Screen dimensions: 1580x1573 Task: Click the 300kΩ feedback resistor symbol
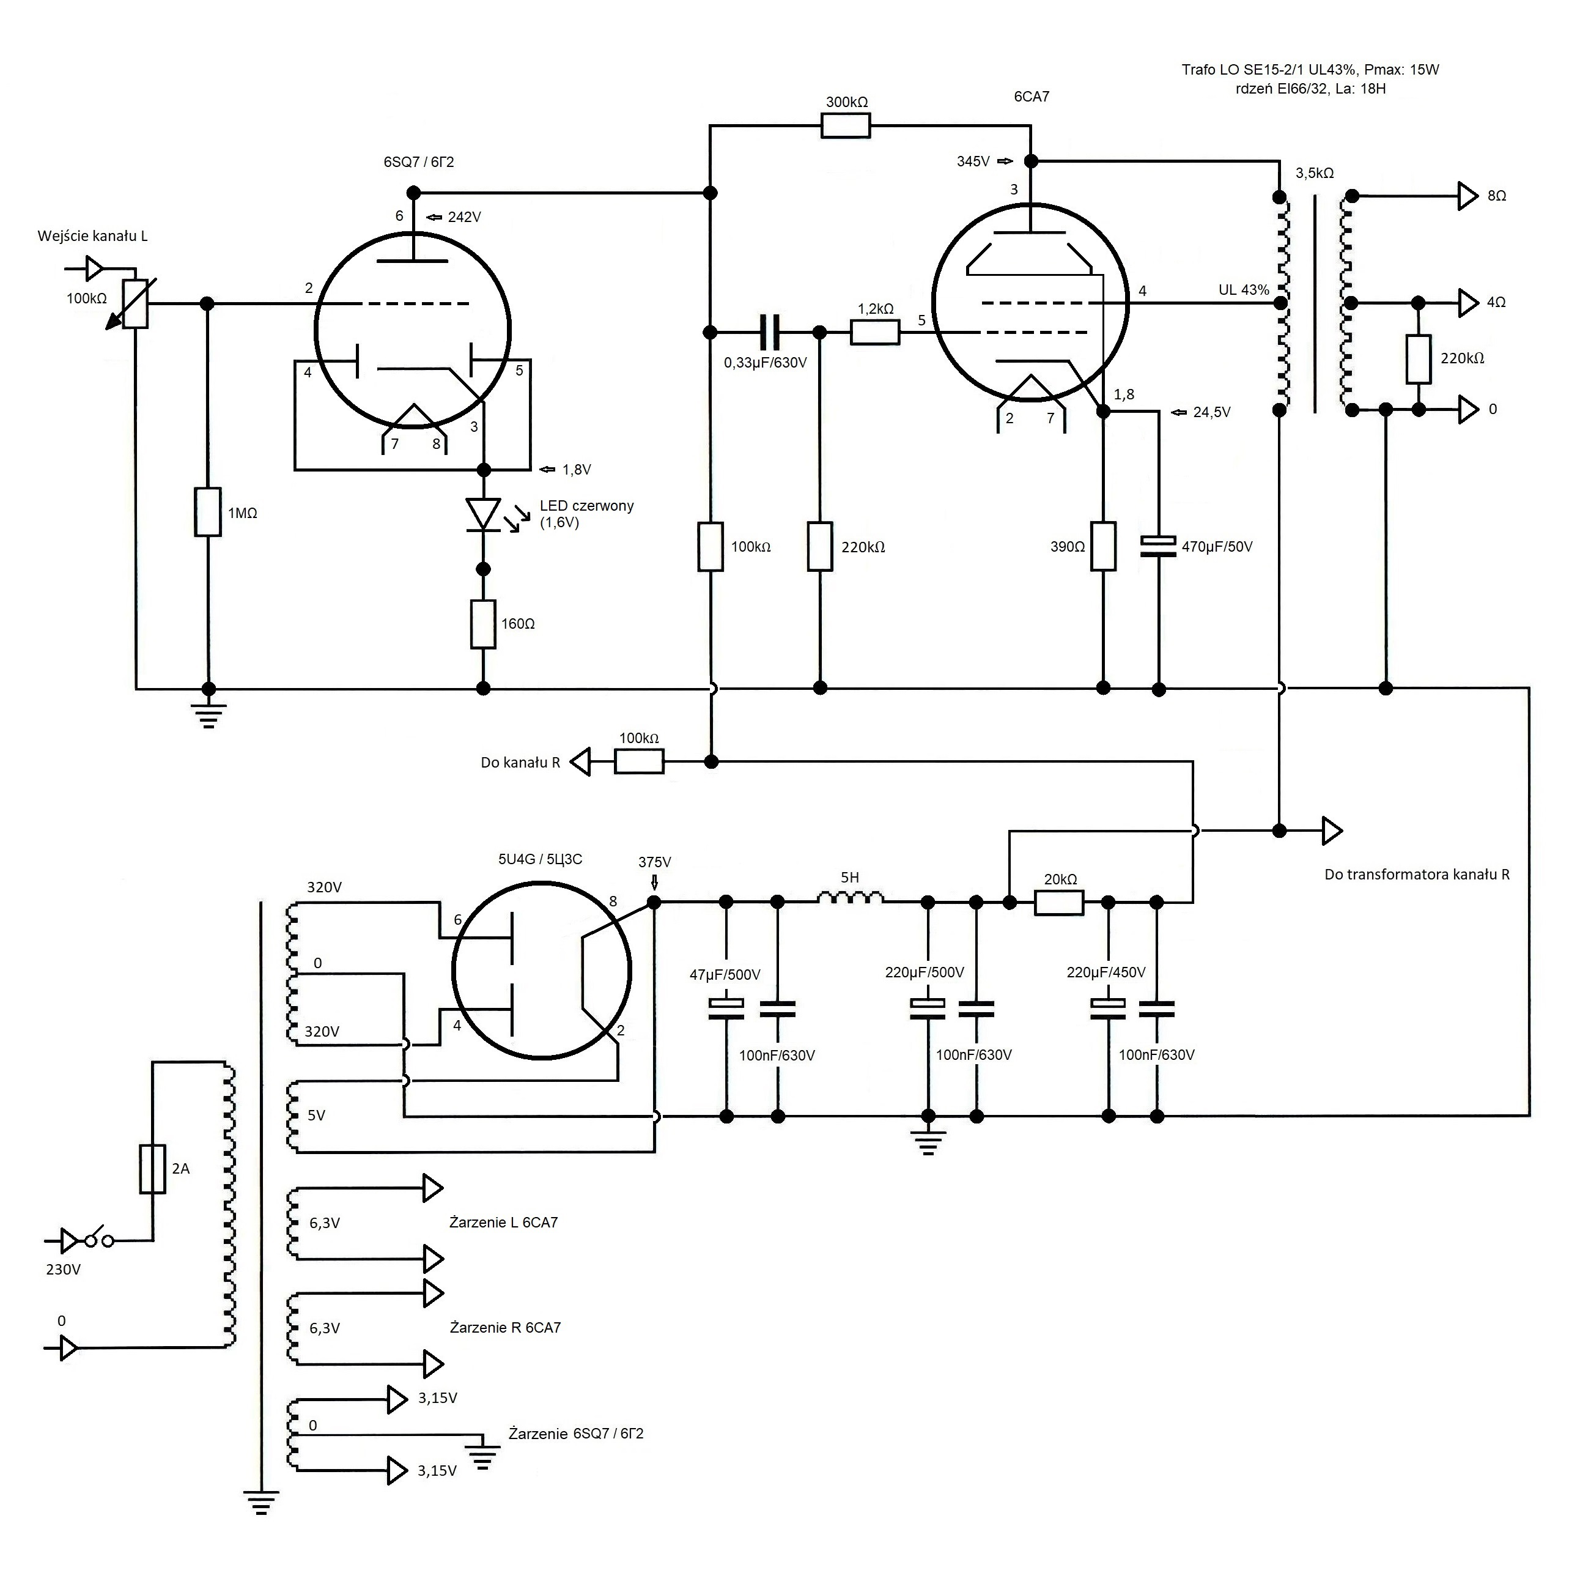846,126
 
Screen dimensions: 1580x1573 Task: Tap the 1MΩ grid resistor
208,512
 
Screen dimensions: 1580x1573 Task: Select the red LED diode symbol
483,516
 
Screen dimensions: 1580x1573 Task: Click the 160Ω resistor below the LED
483,624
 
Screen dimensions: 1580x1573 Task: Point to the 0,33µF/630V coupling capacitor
770,332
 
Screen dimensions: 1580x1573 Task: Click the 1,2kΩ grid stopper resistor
875,332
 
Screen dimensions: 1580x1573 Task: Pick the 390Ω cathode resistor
1103,546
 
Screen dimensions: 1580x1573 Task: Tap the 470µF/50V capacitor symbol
1158,546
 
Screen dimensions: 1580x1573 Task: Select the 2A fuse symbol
153,1168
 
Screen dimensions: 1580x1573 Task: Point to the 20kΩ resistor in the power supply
1059,902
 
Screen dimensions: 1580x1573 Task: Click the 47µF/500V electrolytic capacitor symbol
725,1009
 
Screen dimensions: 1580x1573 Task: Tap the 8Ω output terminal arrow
1469,196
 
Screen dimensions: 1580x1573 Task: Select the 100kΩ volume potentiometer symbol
135,303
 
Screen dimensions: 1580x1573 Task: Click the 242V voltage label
465,217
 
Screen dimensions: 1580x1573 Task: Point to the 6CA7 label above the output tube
1032,97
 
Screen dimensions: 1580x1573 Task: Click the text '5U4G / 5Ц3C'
540,859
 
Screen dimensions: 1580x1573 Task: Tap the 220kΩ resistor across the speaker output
1419,359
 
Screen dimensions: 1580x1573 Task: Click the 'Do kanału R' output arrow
580,763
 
